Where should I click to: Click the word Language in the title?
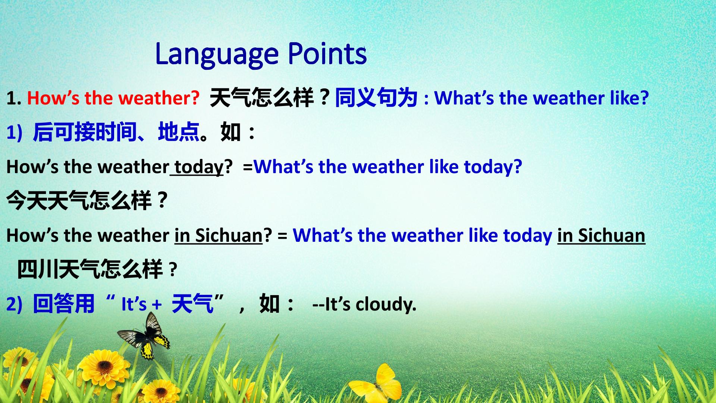point(217,54)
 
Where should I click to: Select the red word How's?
point(53,98)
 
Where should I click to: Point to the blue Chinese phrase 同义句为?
point(376,98)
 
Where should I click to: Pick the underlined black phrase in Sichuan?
point(219,236)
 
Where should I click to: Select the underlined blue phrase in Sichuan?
point(601,236)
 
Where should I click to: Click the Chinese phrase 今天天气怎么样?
point(79,200)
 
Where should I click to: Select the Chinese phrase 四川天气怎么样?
point(90,269)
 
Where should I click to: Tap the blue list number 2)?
point(14,304)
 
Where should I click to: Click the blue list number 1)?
point(14,133)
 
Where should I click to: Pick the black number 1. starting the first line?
point(14,99)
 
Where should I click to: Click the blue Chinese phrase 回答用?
point(64,303)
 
